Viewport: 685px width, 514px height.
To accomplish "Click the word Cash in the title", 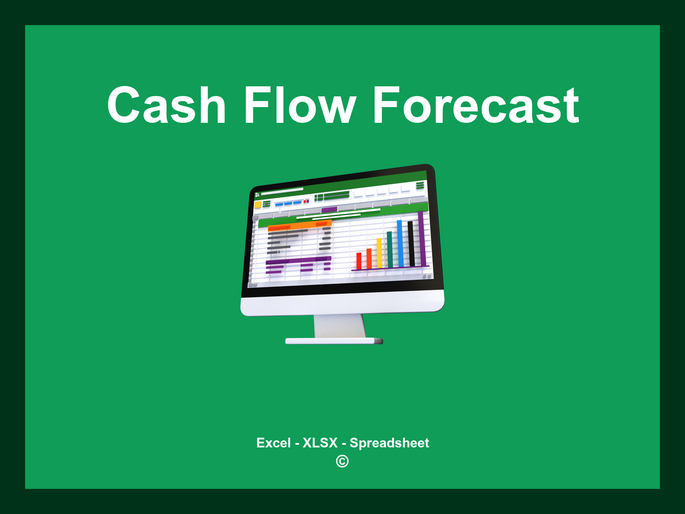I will (166, 105).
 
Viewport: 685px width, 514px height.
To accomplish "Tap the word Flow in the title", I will (299, 105).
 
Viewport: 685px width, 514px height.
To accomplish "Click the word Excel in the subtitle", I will (273, 443).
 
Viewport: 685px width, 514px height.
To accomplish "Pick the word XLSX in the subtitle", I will (320, 443).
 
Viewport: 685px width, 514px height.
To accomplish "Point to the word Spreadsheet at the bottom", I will (389, 443).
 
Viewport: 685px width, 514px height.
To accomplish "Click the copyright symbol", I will (342, 461).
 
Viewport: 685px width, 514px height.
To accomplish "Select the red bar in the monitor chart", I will (359, 261).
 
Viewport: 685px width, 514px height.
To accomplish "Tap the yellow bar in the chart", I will (379, 253).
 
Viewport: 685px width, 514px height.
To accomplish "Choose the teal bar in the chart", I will (390, 249).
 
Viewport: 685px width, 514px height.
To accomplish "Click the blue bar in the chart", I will (400, 243).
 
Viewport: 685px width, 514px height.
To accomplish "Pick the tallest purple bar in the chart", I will (421, 238).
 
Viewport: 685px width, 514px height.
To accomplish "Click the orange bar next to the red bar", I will (369, 258).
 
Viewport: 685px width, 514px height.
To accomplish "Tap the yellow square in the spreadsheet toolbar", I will (258, 205).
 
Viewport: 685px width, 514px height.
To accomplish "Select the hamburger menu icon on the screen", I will (420, 185).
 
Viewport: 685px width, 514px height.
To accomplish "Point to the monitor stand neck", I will (339, 326).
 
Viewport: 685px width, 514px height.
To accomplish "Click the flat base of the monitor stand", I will (334, 341).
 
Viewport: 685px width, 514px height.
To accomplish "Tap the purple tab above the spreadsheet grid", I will (329, 210).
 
